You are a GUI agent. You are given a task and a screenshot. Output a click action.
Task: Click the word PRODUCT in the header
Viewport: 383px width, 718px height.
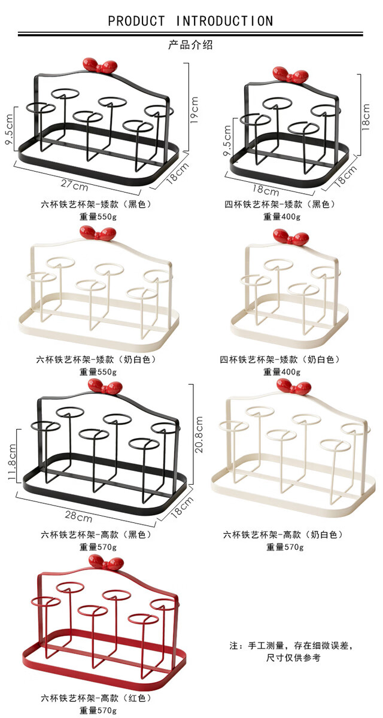click(x=136, y=21)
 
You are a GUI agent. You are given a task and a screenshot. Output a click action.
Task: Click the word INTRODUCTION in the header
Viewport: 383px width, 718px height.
click(x=224, y=21)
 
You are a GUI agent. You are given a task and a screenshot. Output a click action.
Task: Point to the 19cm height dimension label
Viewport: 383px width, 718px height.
click(x=194, y=110)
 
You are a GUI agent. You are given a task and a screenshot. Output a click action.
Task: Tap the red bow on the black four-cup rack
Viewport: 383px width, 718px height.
click(x=291, y=74)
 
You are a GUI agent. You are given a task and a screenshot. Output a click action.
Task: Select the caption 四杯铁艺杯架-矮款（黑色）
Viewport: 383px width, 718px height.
click(x=281, y=205)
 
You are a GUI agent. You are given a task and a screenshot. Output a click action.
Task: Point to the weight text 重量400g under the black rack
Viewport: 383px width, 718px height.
click(x=282, y=217)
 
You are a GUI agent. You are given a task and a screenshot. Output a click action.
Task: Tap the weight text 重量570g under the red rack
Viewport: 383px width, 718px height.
click(x=98, y=710)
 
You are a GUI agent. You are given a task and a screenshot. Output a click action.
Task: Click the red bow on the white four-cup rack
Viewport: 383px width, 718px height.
click(x=291, y=236)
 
